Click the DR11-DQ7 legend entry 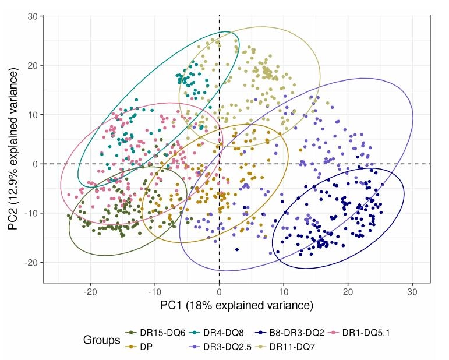pos(291,346)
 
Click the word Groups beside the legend pos(102,340)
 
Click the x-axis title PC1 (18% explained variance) pos(237,305)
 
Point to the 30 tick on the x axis pos(412,291)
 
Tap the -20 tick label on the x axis pos(90,291)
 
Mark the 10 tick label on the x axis pos(284,291)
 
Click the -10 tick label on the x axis pos(154,291)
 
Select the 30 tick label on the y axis pos(33,16)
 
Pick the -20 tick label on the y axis pos(31,263)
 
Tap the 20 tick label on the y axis pos(33,65)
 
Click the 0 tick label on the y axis pos(35,164)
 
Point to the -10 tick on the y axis pos(31,213)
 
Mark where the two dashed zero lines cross pos(219,164)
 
